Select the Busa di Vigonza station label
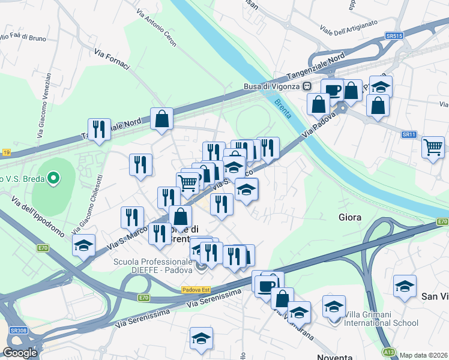tap(271, 86)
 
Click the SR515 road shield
tap(394, 37)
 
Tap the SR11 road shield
tap(409, 134)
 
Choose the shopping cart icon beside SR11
tap(432, 146)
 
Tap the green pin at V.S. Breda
tap(53, 178)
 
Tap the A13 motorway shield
tap(390, 351)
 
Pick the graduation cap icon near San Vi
tap(405, 286)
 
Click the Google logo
tap(20, 352)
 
